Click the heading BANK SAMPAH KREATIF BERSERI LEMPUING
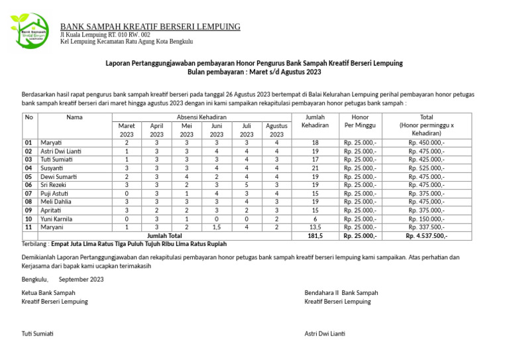pyautogui.click(x=150, y=27)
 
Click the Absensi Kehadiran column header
pyautogui.click(x=201, y=117)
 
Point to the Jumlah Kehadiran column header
pyautogui.click(x=315, y=121)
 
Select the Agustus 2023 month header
pyautogui.click(x=276, y=130)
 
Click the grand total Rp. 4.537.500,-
pyautogui.click(x=426, y=235)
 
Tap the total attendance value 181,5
pyautogui.click(x=315, y=235)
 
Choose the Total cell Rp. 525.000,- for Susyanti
pyautogui.click(x=426, y=168)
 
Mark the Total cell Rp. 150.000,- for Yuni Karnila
pyautogui.click(x=426, y=219)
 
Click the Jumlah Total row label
pyautogui.click(x=164, y=235)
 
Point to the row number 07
pyautogui.click(x=28, y=193)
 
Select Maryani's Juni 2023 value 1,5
pyautogui.click(x=216, y=227)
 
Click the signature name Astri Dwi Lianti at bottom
pyautogui.click(x=325, y=333)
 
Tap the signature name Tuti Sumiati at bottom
pyautogui.click(x=37, y=333)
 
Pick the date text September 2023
pyautogui.click(x=81, y=280)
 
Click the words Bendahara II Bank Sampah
pyautogui.click(x=341, y=292)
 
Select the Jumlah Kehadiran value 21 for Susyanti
pyautogui.click(x=315, y=168)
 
